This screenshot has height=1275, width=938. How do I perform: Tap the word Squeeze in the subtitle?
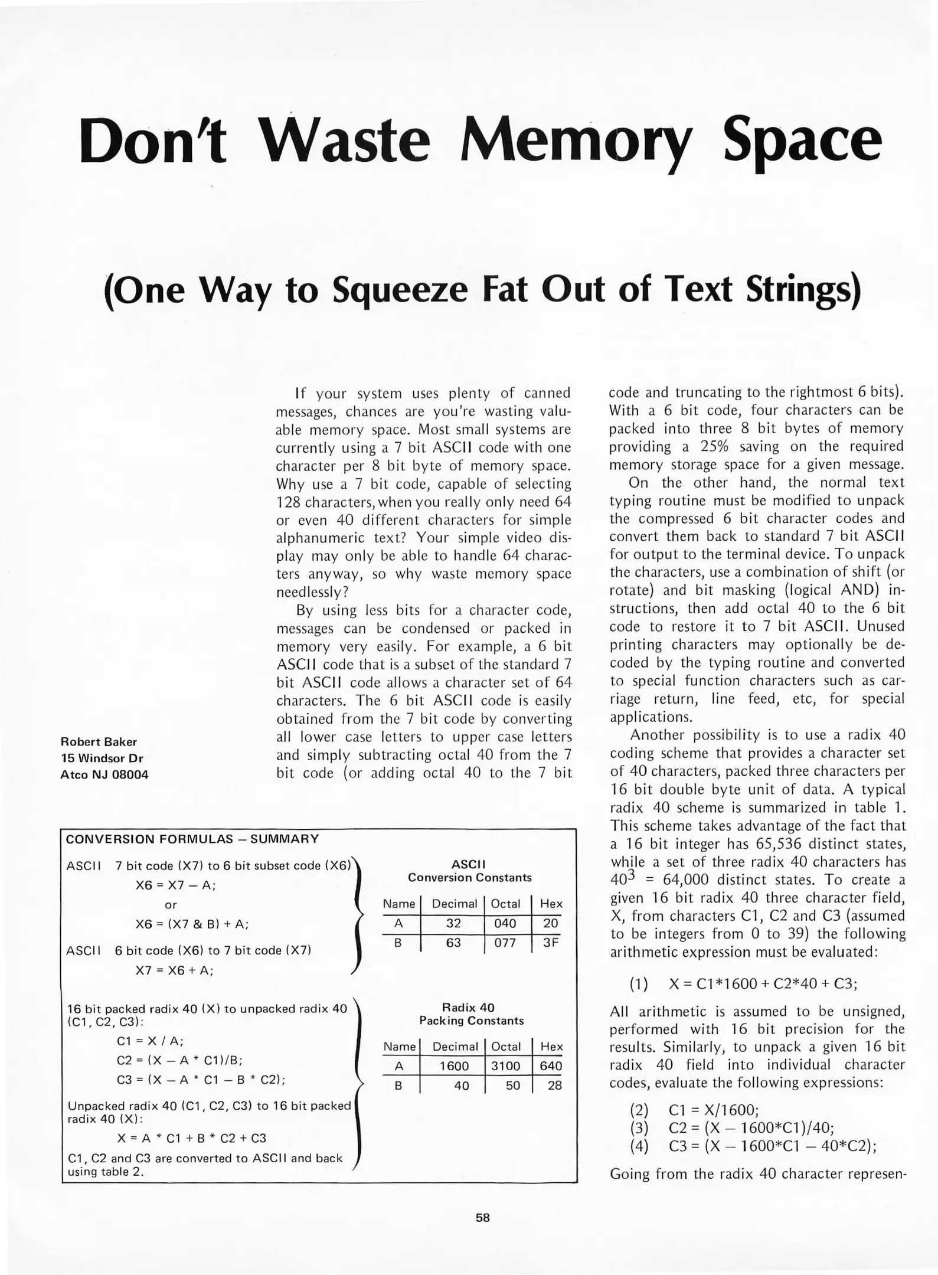click(400, 290)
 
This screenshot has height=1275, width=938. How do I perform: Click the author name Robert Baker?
click(99, 742)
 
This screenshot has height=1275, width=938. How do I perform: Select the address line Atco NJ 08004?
click(104, 775)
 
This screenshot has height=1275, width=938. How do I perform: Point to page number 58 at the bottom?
click(483, 1217)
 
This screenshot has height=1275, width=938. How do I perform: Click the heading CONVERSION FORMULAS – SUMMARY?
click(192, 839)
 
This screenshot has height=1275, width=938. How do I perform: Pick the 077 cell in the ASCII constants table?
click(505, 943)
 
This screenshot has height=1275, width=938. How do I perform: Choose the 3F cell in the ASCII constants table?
click(550, 943)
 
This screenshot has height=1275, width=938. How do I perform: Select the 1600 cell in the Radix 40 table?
click(454, 1066)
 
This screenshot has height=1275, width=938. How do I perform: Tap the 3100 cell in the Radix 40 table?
click(505, 1066)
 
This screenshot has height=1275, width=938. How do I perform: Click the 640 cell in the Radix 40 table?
click(550, 1066)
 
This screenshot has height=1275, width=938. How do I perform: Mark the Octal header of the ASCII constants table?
click(505, 904)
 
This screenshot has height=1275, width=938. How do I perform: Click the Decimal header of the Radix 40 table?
click(455, 1047)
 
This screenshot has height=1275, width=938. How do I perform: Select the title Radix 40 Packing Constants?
click(471, 1014)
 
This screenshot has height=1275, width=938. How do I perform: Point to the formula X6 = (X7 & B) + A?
click(192, 924)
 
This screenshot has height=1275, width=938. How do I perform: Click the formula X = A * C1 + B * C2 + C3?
click(192, 1138)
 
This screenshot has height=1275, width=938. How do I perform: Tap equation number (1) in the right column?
click(639, 984)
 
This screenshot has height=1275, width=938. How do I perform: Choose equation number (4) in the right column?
click(639, 1146)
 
